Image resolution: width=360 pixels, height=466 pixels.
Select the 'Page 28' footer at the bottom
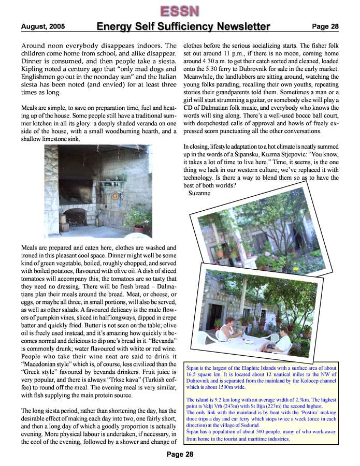[x=180, y=455]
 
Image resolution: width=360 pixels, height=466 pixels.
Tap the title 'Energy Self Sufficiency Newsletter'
[x=183, y=26]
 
